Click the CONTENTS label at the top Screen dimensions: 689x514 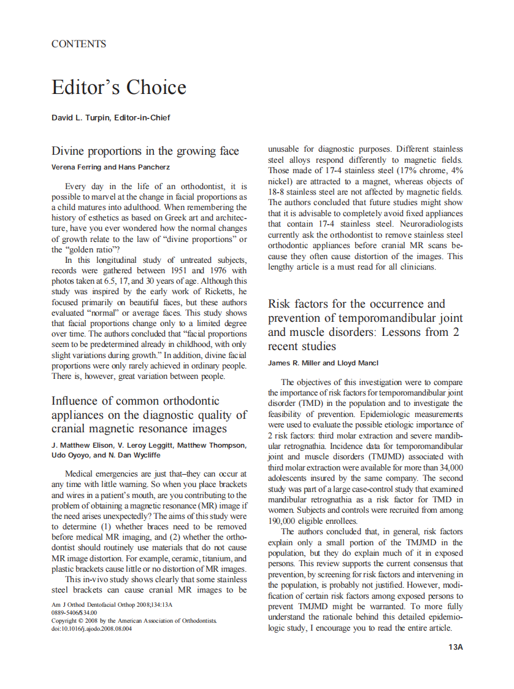coord(79,44)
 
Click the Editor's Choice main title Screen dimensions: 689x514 coord(118,87)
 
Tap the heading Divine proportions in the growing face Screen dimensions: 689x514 coord(145,151)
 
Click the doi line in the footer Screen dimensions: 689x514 coord(91,628)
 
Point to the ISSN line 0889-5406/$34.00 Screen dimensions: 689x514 coord(74,613)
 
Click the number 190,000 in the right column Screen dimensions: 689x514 coord(286,521)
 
